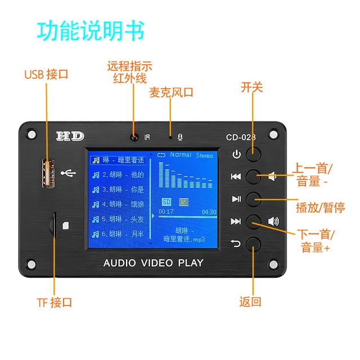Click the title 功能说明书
91,31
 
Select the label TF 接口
54,303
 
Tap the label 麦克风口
171,92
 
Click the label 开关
252,87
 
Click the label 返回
250,301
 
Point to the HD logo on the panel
70,136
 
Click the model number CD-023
240,137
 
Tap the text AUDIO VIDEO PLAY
153,263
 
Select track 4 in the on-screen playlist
118,204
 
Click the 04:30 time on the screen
209,212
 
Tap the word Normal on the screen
181,155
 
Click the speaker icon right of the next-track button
273,221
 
